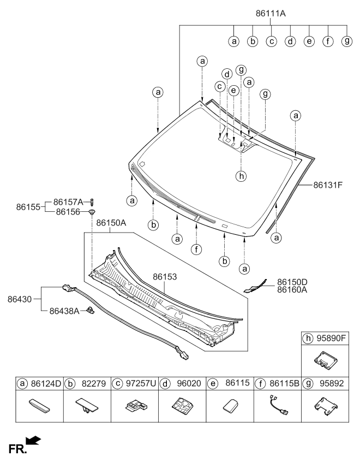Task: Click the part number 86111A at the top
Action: point(274,12)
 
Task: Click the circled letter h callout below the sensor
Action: point(241,176)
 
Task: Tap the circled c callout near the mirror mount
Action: point(220,87)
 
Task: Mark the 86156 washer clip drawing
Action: point(93,211)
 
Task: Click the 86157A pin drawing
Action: point(93,202)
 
